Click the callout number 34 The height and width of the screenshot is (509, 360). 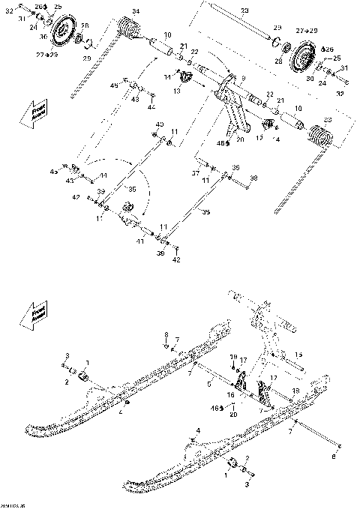coord(135,10)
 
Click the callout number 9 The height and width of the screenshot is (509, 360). coord(241,78)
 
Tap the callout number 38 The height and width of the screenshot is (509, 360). coord(254,179)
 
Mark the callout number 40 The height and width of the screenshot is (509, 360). coord(159,124)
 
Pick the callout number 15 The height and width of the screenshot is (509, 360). coord(298,354)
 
